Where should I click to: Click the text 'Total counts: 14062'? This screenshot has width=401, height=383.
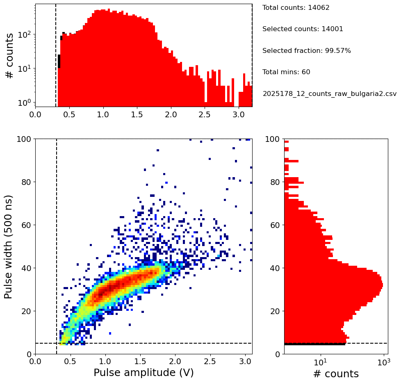[290, 8]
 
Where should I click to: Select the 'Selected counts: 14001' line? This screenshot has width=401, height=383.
[303, 29]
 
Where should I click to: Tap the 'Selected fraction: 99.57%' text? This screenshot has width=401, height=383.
[306, 51]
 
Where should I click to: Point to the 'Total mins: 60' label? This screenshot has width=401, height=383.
[286, 72]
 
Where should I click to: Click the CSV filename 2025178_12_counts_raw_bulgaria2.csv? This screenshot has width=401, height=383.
[329, 93]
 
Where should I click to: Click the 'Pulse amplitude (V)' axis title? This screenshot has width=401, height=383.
[144, 373]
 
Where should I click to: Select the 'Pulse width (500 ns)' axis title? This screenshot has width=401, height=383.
[9, 246]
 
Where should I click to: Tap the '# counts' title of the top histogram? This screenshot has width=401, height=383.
[9, 55]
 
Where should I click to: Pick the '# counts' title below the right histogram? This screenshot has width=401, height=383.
[336, 374]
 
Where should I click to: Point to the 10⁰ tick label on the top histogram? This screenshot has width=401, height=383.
[25, 102]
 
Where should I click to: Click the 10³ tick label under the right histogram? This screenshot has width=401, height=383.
[383, 362]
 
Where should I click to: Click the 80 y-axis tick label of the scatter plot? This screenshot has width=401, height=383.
[25, 182]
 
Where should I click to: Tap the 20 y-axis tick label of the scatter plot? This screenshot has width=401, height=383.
[25, 311]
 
